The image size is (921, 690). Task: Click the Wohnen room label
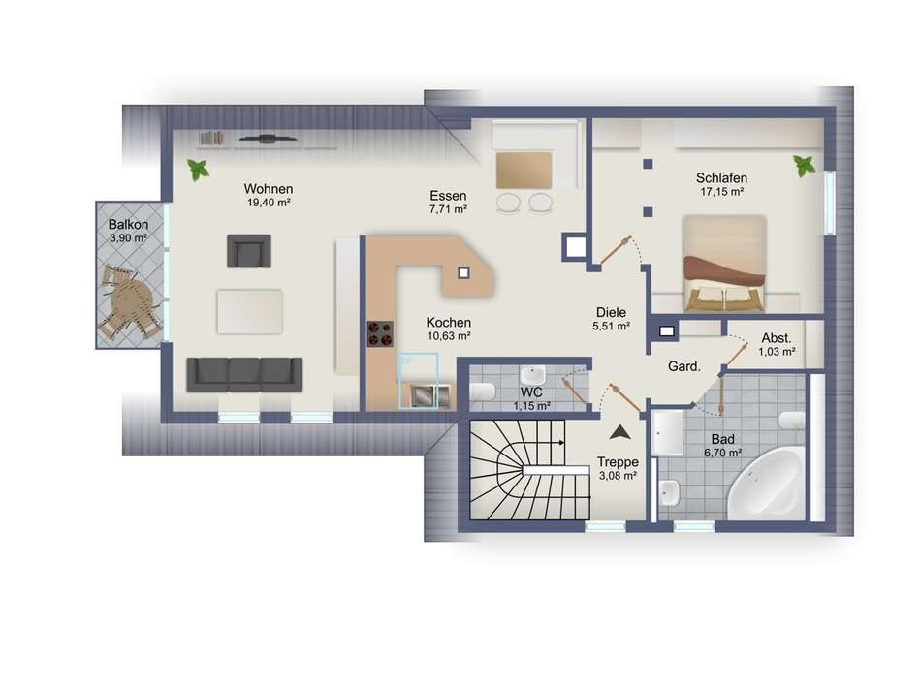coord(269,189)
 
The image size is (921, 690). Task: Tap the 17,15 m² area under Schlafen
coord(722,192)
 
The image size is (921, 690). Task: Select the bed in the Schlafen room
coord(725,263)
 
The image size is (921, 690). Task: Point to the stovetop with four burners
coord(381,333)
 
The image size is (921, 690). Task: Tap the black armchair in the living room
coord(249,251)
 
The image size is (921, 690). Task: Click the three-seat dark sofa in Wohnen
coord(244,374)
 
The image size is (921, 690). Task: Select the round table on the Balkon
coord(131,303)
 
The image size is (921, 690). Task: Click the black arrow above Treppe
coord(619,433)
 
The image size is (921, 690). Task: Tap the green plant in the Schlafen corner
coord(804,166)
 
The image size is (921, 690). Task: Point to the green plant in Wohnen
coord(199,170)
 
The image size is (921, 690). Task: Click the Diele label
coord(611,312)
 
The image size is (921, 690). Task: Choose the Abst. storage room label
coord(777,338)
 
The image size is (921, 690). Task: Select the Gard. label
coord(684,366)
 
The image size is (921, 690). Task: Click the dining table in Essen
coord(524,171)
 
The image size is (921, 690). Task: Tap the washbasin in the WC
coord(533,375)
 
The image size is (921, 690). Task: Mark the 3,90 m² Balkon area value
coord(128,238)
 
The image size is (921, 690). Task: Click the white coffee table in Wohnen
coord(249,312)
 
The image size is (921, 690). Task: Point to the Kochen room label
coord(449,323)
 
